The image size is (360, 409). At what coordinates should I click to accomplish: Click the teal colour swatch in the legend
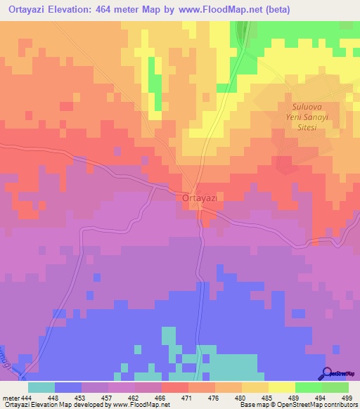tap(41, 387)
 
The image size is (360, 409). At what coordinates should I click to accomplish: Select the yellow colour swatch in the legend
tap(282, 387)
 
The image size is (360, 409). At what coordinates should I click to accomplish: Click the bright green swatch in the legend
tap(309, 387)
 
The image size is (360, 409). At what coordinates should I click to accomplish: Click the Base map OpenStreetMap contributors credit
tap(297, 404)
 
